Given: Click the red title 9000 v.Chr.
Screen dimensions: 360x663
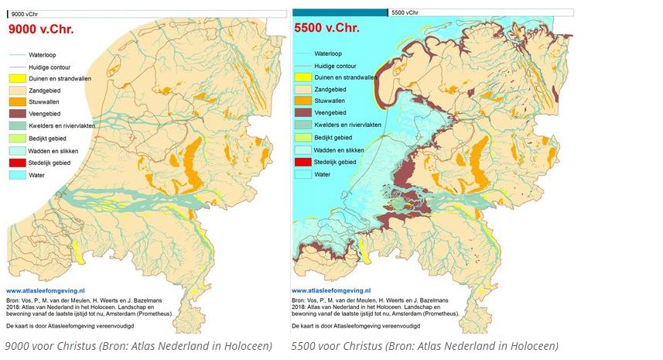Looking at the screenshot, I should click(45, 29).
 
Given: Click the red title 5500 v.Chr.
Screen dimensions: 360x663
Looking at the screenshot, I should click(326, 29).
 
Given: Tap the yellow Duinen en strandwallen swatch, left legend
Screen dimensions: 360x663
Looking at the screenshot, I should click(16, 78).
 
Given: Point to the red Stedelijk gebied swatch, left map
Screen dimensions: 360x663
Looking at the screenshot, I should click(16, 163).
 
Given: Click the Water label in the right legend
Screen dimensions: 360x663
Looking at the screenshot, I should click(323, 174).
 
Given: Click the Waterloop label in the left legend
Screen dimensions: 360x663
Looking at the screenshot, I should click(44, 55).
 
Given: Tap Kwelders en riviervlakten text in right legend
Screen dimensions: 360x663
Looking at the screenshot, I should click(347, 125).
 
